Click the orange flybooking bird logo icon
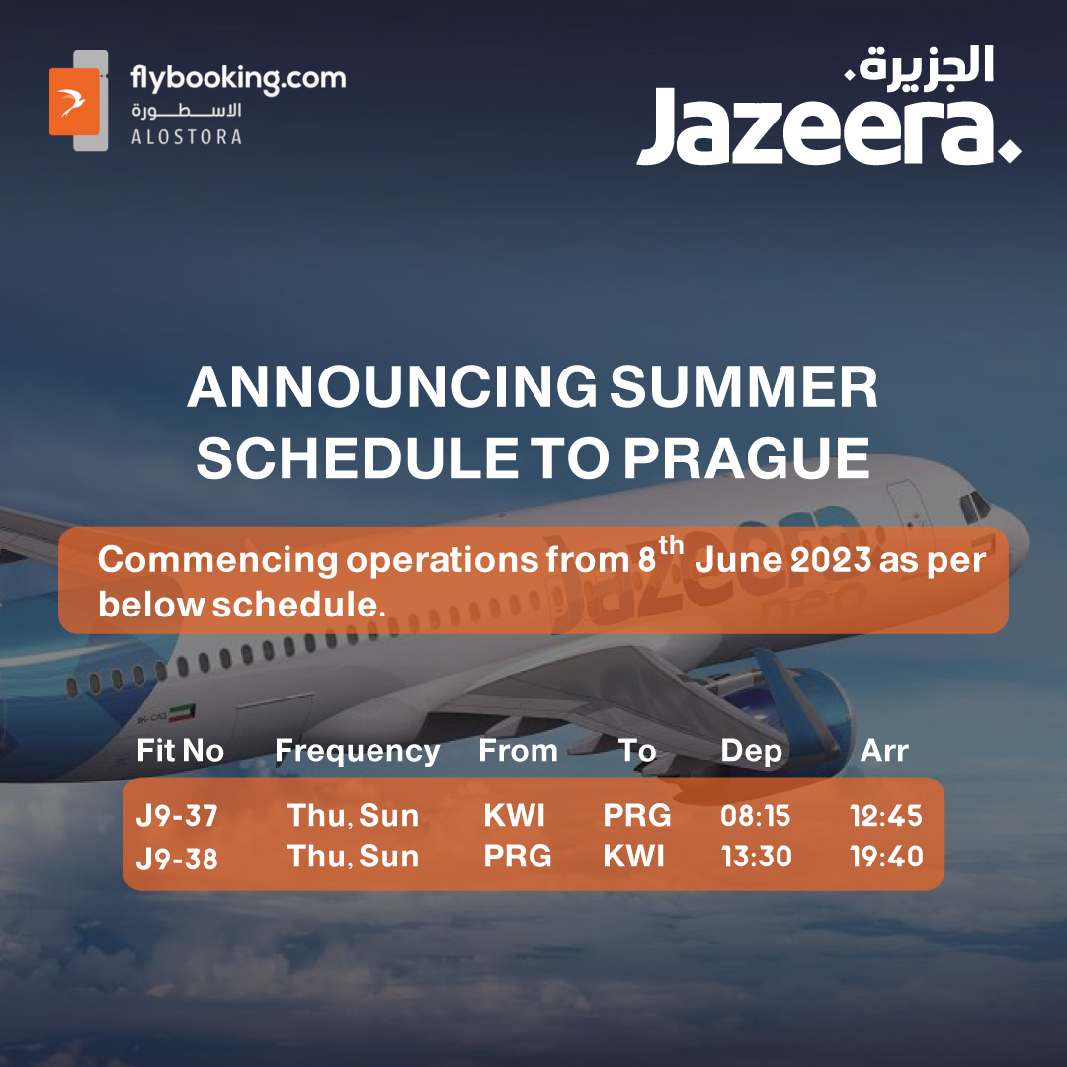pos(75,102)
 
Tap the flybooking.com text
pos(238,79)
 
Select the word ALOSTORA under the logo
pos(187,137)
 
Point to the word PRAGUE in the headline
pos(747,458)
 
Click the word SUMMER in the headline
pos(744,386)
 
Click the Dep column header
pos(751,752)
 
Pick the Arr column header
pos(884,751)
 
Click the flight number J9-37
pos(177,816)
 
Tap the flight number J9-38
pos(177,858)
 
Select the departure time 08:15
pos(756,816)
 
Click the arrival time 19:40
pos(886,857)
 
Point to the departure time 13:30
pos(757,857)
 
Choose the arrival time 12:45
pos(886,816)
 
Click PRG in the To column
pos(637,816)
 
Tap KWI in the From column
pos(514,816)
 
